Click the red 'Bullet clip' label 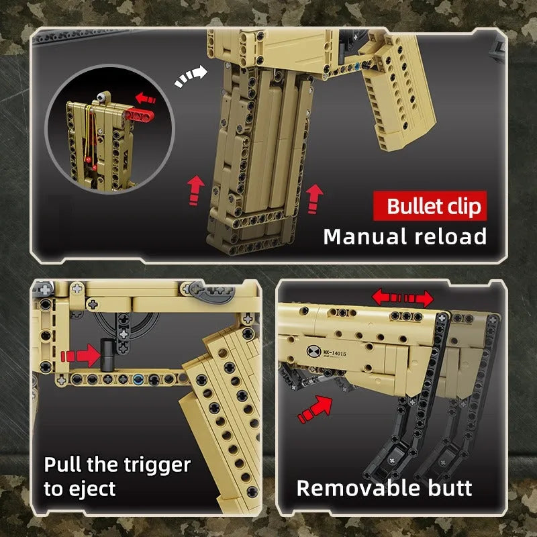point(430,206)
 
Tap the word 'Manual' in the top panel point(365,237)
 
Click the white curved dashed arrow point(191,76)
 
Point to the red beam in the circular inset point(139,115)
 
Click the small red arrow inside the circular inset point(146,98)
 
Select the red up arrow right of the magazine point(314,199)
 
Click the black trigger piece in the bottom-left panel point(107,355)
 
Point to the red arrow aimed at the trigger point(81,356)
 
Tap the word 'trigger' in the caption point(157,466)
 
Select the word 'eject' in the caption point(92,490)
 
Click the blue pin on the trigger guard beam point(138,379)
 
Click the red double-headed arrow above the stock point(403,297)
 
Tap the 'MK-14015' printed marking point(334,352)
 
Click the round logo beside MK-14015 point(313,351)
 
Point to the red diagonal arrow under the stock point(315,409)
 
